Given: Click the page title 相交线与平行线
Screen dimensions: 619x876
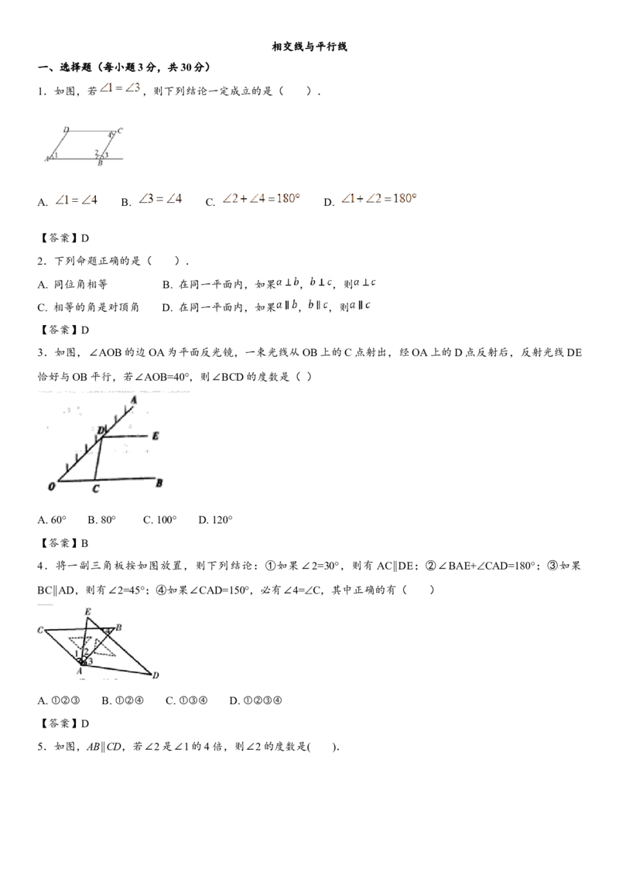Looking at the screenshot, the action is click(309, 47).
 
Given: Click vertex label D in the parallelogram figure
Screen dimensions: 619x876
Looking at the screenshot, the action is click(66, 129).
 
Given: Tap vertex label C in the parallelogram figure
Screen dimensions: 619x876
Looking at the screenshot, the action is click(120, 130).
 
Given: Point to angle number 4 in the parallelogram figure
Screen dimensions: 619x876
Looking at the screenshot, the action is click(110, 135).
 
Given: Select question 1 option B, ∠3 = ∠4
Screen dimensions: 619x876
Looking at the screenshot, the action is click(152, 200).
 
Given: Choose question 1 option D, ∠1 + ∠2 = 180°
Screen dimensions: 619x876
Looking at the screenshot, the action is click(371, 200).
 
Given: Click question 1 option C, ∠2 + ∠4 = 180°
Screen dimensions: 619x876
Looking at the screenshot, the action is click(252, 200).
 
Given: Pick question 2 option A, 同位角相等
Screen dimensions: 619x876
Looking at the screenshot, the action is click(72, 284).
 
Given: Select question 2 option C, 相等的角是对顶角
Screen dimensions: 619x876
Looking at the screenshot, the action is click(88, 307).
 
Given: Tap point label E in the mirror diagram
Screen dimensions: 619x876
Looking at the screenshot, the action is click(156, 436).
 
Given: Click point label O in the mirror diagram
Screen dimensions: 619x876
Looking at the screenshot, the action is click(52, 488).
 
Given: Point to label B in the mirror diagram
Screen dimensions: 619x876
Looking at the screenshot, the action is click(159, 483).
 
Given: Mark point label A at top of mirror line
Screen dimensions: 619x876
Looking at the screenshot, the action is click(134, 400).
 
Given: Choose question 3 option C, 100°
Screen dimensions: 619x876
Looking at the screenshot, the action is click(159, 520).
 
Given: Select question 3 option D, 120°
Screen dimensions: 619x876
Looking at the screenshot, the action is click(215, 520).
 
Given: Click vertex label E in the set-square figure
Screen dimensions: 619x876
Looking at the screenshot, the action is click(87, 612).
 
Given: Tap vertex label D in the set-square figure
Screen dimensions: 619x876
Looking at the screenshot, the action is click(156, 676).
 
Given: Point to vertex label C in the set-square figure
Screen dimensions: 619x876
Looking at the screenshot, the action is click(40, 630).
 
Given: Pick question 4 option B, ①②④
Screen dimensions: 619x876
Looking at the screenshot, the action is click(123, 700).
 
